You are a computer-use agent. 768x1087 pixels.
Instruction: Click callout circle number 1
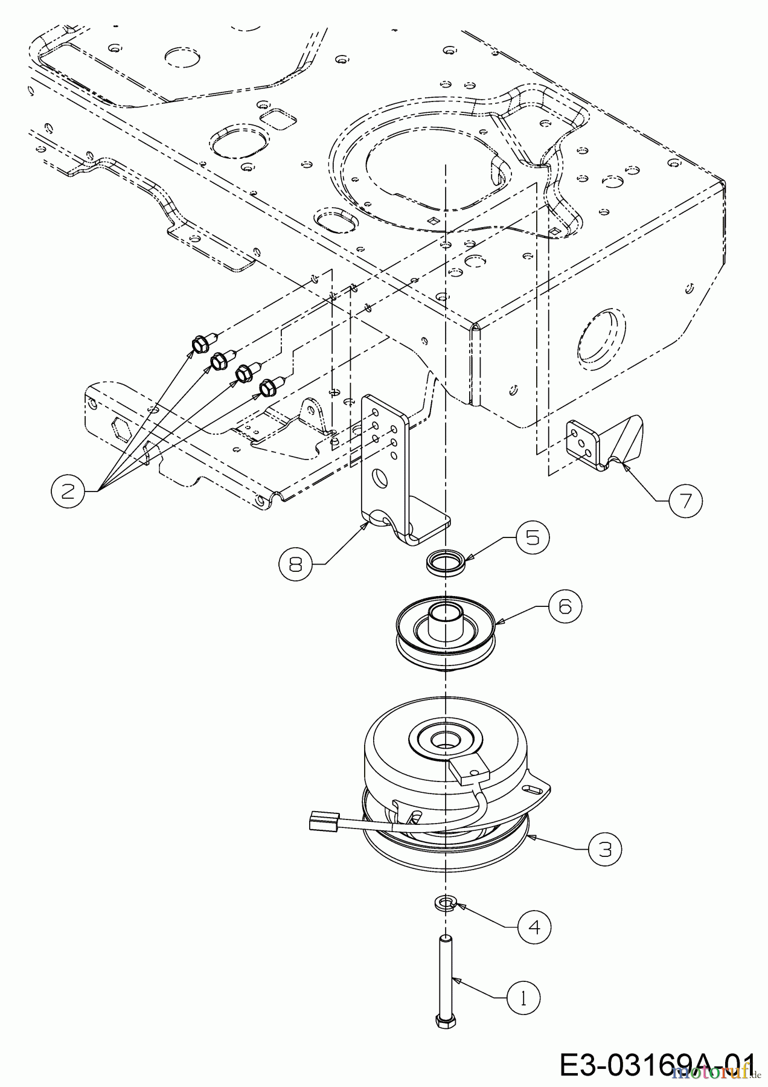coord(523,998)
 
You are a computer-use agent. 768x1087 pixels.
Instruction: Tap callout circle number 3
coord(604,849)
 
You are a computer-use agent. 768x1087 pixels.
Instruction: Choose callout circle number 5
coord(532,537)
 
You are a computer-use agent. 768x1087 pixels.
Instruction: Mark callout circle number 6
coord(565,606)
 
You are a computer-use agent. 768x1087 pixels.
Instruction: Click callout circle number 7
coord(685,501)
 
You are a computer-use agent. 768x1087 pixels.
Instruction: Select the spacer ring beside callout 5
coord(444,562)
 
